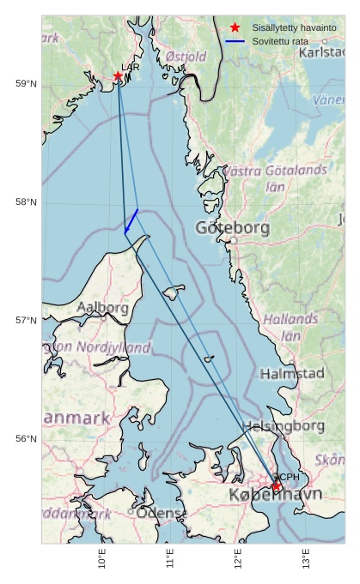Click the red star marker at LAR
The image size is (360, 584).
click(118, 75)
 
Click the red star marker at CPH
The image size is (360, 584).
click(277, 486)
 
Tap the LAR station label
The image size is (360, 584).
click(131, 67)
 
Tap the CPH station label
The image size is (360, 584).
click(288, 477)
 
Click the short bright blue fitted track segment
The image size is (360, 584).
click(131, 220)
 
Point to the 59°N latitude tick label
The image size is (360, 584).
click(26, 83)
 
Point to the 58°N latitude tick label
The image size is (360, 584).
click(26, 202)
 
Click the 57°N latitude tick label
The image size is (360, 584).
click(26, 320)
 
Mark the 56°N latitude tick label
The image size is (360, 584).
click(26, 438)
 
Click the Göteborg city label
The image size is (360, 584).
click(233, 228)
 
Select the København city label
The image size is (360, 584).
click(275, 496)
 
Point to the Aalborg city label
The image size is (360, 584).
click(103, 307)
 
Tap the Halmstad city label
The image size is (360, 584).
click(292, 374)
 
